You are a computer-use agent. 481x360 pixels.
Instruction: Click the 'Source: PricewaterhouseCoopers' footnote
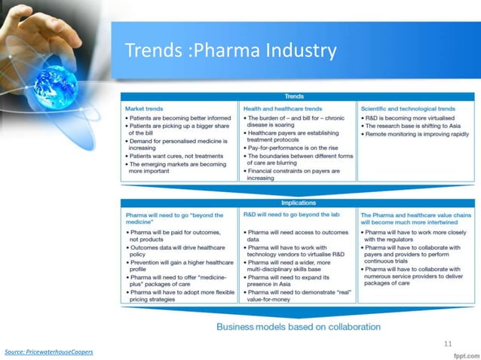tap(49, 352)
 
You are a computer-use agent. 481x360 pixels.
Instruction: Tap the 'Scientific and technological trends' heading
tap(407, 108)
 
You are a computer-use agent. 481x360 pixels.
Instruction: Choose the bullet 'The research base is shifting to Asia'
tap(412, 127)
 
